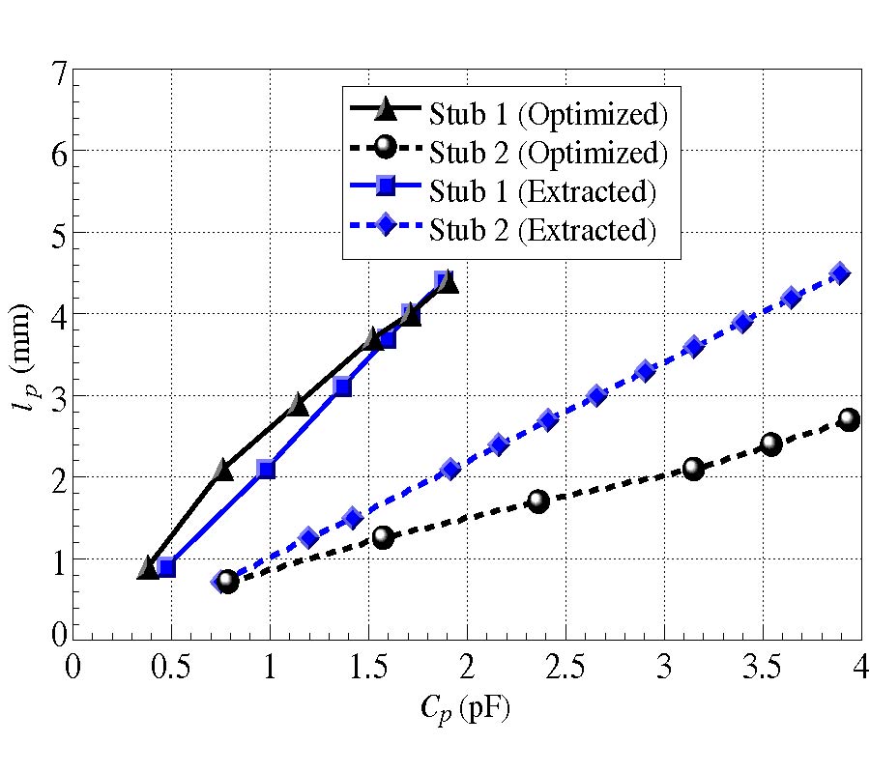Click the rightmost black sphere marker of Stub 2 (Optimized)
tap(849, 419)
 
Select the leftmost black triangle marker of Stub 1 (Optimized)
tap(148, 568)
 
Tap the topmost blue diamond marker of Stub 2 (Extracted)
tap(840, 273)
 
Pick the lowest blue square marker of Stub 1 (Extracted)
tap(166, 567)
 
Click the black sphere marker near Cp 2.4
tap(538, 501)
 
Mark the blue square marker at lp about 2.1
tap(266, 470)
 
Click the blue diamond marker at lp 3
tap(596, 395)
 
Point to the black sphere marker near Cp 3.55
tap(770, 444)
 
